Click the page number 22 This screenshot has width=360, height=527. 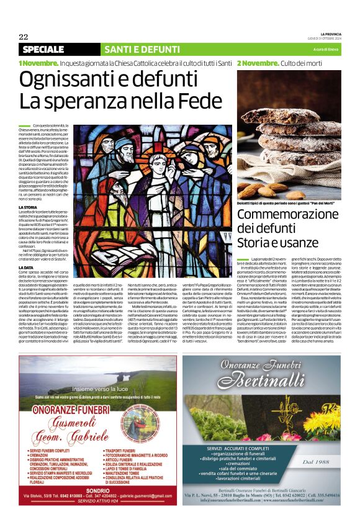tap(24, 37)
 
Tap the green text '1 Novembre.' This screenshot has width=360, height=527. tap(38, 63)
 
